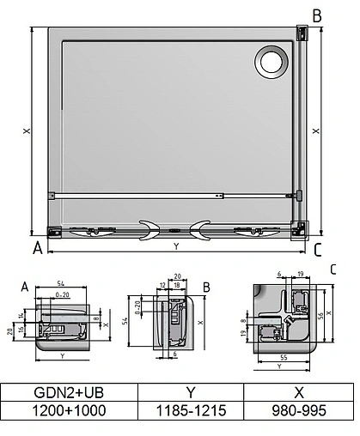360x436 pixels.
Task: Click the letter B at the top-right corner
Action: click(x=316, y=15)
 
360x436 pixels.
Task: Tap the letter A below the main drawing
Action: click(x=36, y=249)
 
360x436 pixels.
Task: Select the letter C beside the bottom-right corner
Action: click(x=317, y=250)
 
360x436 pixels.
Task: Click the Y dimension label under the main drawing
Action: click(x=176, y=247)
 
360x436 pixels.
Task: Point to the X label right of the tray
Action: click(x=317, y=131)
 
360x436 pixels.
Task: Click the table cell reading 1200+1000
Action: click(x=60, y=410)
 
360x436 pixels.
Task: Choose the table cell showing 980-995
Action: click(x=298, y=410)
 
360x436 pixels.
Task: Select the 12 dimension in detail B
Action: click(x=162, y=283)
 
